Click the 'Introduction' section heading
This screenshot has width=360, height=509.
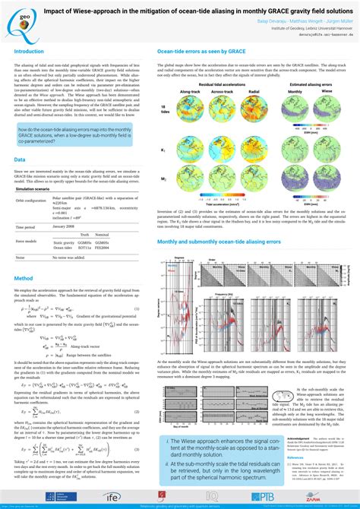coord(30,52)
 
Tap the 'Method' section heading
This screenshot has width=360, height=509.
coord(24,278)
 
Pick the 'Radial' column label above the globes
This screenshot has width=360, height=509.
coord(256,90)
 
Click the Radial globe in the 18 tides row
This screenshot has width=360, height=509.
coord(256,111)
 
